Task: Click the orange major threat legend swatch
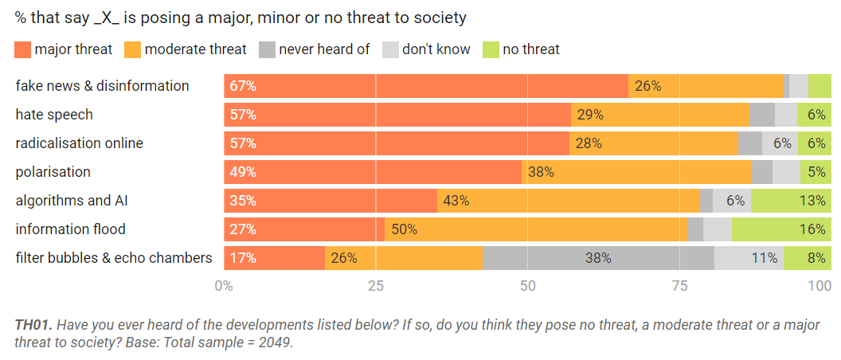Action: coord(23,49)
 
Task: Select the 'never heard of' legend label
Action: coord(324,49)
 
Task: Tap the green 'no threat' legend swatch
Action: coord(488,49)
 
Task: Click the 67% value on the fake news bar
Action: coord(242,86)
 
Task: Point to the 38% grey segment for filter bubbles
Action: coord(598,258)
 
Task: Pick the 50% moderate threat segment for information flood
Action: coord(405,229)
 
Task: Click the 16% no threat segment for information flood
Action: coord(812,229)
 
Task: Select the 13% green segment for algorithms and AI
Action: coord(812,201)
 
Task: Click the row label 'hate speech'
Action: coord(54,115)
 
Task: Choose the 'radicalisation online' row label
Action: coord(80,143)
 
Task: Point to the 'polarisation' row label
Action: coord(53,172)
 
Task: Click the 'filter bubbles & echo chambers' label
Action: coord(114,258)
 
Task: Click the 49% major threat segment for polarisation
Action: coord(242,172)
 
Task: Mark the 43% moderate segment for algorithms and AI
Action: coord(456,201)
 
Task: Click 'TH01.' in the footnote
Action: coord(33,326)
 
